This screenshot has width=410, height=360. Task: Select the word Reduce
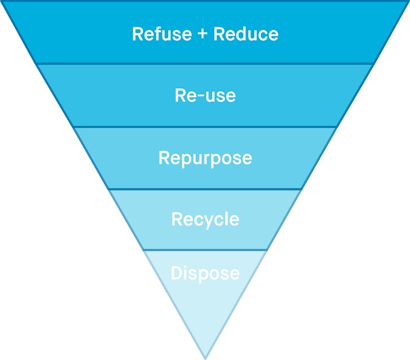coord(246,34)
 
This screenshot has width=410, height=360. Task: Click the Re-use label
coord(205,95)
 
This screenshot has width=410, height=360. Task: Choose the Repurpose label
coord(205,157)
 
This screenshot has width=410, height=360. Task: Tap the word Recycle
coord(205,219)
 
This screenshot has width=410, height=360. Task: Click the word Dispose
coord(205,273)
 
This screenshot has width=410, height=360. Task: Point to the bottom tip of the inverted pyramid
coord(205,357)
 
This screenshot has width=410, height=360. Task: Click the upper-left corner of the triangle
coord(2,2)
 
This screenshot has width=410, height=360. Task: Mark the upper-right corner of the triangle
coord(408,2)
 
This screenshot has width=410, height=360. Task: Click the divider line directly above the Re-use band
coord(205,64)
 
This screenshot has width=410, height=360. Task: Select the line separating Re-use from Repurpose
coord(205,126)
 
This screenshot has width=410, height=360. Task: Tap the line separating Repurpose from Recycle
coord(205,189)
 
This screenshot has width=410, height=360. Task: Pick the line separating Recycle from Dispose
coord(205,250)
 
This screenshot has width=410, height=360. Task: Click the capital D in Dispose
coord(177,273)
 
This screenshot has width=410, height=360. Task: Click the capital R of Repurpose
coord(165,157)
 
